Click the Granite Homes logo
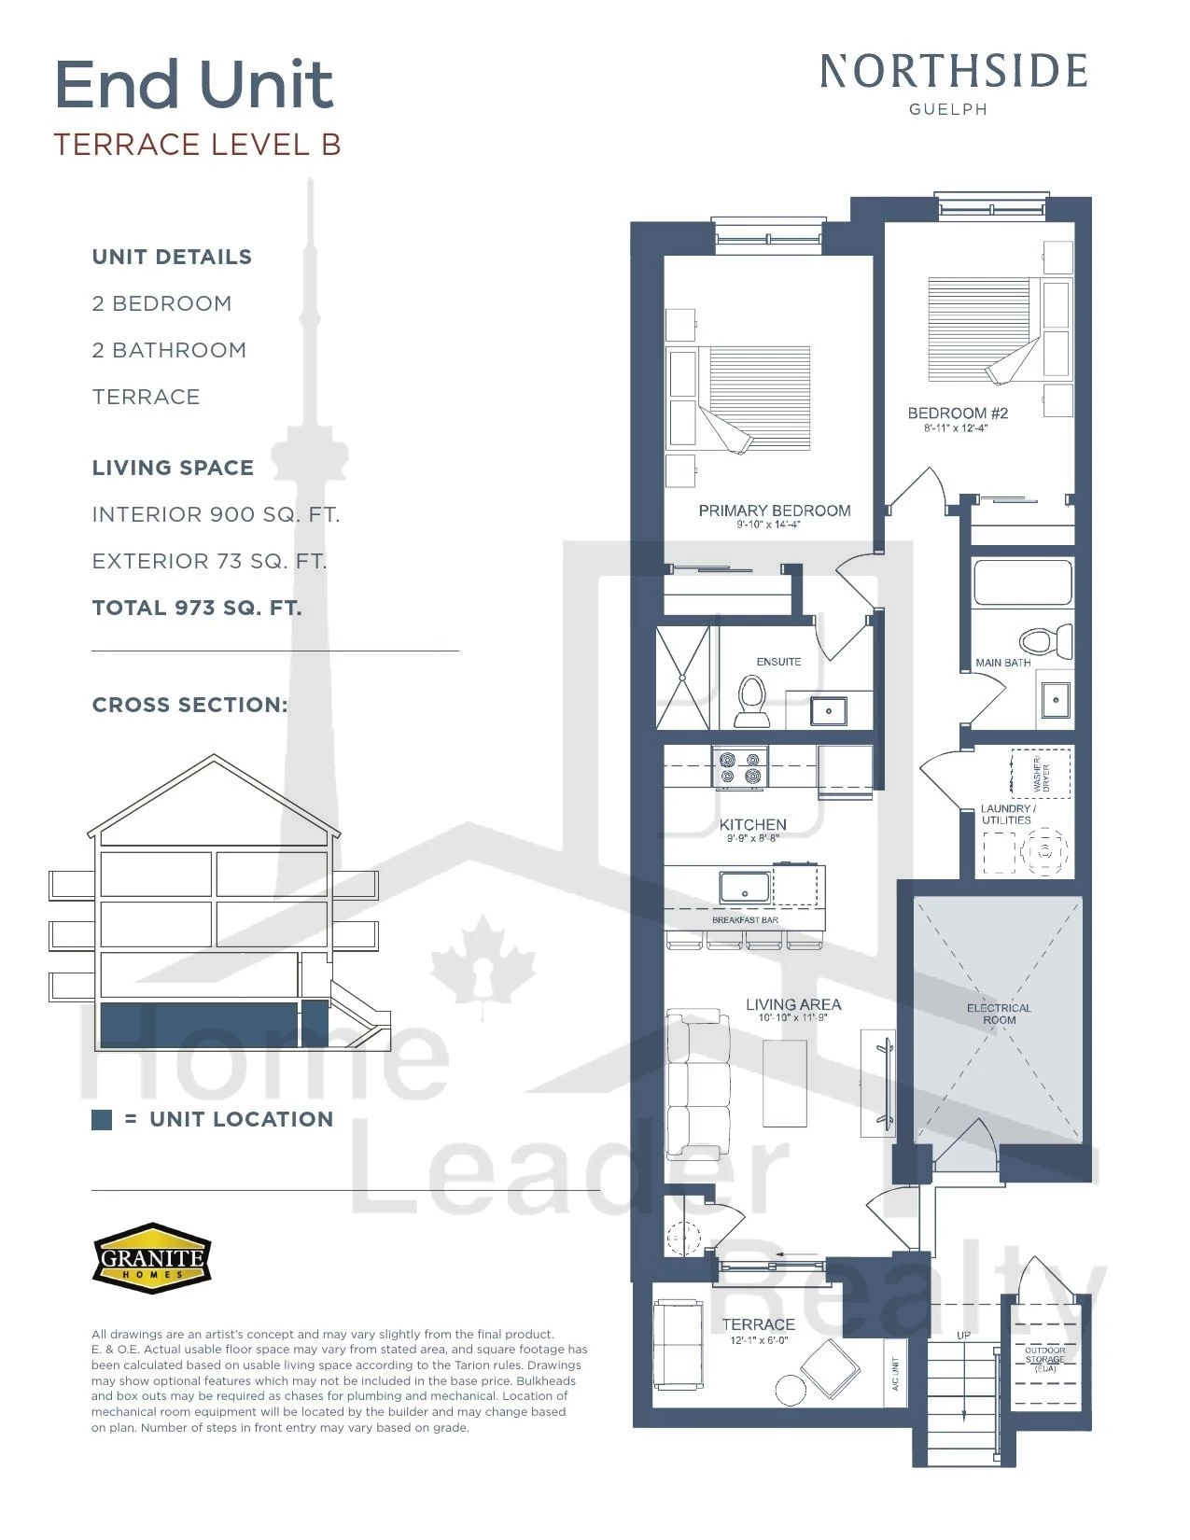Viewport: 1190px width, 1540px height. tap(152, 1257)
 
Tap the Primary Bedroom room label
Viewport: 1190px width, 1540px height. tap(774, 511)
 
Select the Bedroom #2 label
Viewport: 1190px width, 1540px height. tap(958, 413)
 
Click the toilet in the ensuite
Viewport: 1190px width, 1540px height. tap(752, 700)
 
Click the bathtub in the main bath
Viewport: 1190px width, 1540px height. tap(1022, 581)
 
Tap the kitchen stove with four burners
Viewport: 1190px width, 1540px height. tap(740, 767)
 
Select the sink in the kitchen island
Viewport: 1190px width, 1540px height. tap(744, 888)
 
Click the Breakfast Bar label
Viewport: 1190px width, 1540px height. tap(745, 920)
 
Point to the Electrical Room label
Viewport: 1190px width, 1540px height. tap(999, 1014)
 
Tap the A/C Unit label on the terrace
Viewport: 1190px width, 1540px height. tap(895, 1374)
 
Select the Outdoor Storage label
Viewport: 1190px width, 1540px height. tap(1044, 1359)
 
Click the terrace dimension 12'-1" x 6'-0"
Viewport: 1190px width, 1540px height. tap(759, 1340)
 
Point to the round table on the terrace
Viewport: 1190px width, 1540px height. tap(791, 1390)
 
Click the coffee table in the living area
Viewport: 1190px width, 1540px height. tap(785, 1083)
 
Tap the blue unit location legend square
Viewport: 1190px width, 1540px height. tap(102, 1120)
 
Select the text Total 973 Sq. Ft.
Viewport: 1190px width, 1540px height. tap(197, 608)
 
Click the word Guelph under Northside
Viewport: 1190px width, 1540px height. tap(948, 109)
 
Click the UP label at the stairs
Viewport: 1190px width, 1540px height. tap(963, 1336)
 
